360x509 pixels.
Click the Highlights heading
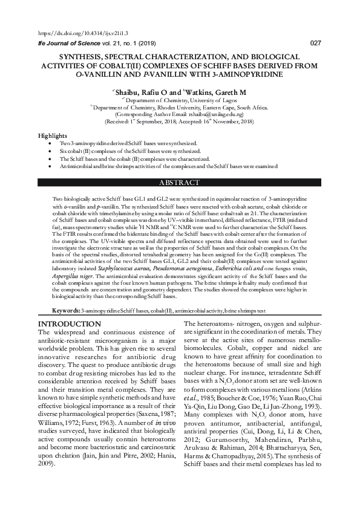pos(53,135)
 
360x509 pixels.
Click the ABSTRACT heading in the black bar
pos(179,182)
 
